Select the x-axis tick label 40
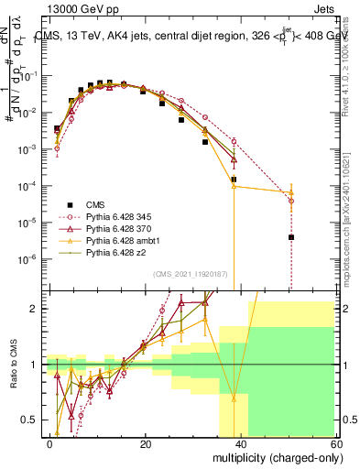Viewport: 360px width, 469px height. coord(241,443)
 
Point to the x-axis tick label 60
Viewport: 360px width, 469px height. coord(336,443)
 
